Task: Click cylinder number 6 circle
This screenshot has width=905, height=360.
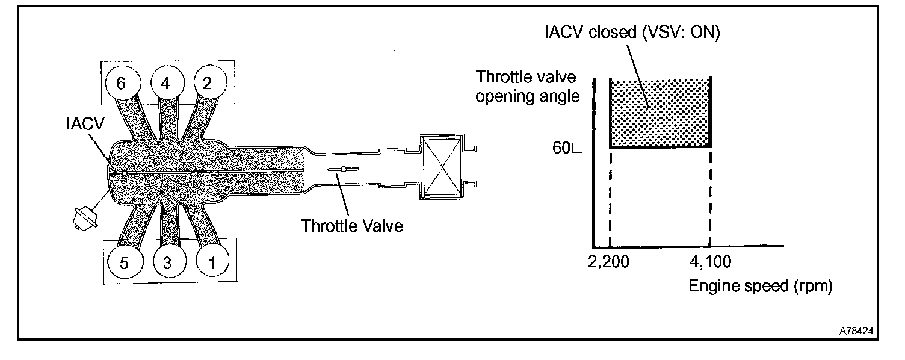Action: tap(121, 84)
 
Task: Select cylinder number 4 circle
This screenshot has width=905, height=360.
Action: tap(165, 84)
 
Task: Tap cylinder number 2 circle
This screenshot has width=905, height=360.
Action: tap(208, 84)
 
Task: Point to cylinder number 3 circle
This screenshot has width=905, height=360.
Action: tap(167, 262)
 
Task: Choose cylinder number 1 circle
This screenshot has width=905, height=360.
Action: tap(211, 262)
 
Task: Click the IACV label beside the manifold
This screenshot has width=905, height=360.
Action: tap(85, 124)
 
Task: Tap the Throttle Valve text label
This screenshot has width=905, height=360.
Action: tap(352, 226)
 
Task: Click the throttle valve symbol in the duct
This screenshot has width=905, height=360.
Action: tap(343, 170)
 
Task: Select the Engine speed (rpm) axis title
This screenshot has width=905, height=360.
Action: tap(761, 286)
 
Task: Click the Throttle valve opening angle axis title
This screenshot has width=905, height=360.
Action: tap(527, 87)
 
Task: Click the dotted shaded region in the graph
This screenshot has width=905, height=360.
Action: tap(661, 113)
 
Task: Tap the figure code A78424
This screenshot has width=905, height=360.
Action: tap(857, 331)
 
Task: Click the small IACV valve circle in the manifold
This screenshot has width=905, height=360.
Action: tap(124, 173)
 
